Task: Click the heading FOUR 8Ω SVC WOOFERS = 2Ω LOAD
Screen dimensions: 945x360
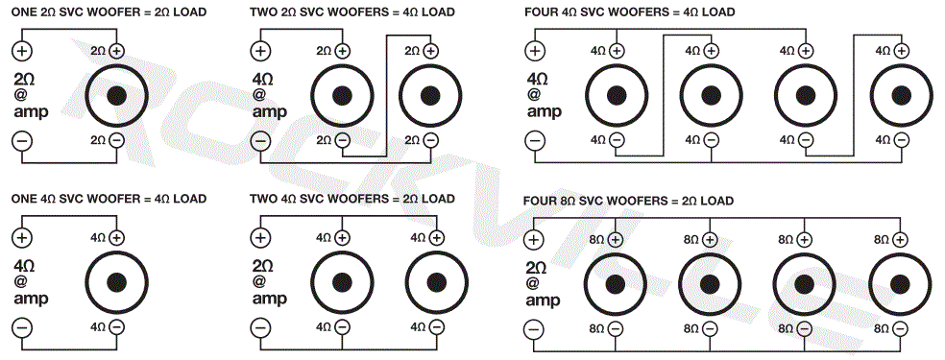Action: click(629, 201)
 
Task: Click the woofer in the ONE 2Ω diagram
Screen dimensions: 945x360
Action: click(118, 95)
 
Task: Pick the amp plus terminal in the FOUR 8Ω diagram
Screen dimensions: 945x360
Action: click(533, 239)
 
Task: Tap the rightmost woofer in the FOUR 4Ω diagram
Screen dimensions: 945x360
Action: click(900, 95)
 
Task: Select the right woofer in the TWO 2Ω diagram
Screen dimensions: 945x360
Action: click(430, 95)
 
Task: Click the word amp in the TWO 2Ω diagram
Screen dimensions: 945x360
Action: click(270, 112)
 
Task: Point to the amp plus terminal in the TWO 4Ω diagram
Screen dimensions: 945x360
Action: click(260, 237)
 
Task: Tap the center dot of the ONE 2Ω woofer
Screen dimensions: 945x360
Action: click(118, 95)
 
